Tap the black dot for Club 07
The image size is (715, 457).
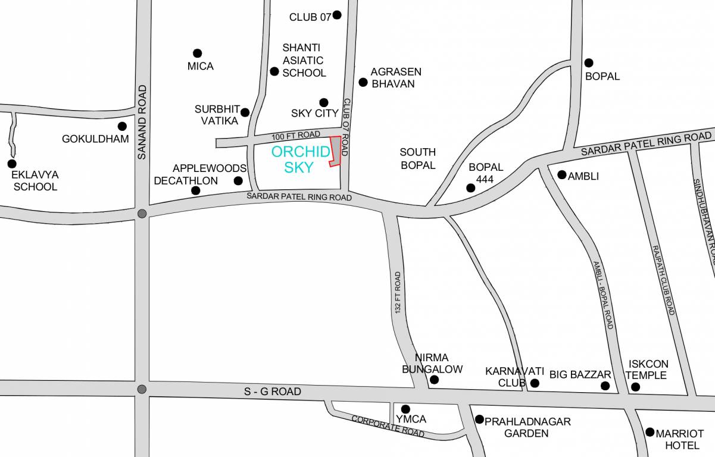click(337, 15)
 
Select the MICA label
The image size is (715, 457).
click(200, 66)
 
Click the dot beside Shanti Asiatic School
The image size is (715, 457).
click(274, 71)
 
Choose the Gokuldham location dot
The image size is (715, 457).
click(122, 126)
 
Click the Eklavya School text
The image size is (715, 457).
click(35, 181)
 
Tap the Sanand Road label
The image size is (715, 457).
click(142, 122)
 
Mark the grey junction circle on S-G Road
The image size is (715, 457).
click(142, 389)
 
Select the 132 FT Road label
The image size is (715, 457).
click(398, 293)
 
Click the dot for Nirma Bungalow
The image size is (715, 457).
click(435, 380)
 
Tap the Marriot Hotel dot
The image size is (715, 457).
click(650, 433)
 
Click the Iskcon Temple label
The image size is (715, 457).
click(647, 370)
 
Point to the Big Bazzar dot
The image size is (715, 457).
click(605, 386)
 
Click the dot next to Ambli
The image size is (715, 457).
click(561, 174)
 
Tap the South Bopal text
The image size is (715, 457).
click(417, 159)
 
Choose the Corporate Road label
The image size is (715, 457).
click(388, 426)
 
